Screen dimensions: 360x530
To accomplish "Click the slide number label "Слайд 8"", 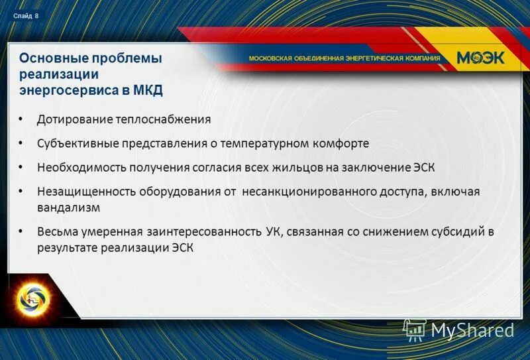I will (x=25, y=16).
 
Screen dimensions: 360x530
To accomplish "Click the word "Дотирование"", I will (x=72, y=120).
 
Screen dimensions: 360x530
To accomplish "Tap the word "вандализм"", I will (x=68, y=208).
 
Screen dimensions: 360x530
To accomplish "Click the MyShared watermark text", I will (x=473, y=330).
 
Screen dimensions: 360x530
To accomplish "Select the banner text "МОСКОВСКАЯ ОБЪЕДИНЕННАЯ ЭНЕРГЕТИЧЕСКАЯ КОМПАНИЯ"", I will (x=344, y=58).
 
